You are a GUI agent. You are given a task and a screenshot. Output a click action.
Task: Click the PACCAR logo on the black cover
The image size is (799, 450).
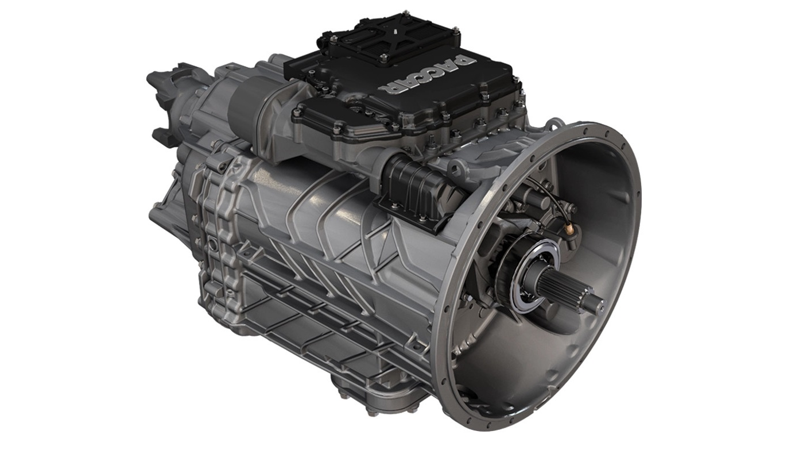[428, 74]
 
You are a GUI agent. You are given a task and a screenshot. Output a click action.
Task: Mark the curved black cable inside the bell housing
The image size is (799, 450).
[551, 195]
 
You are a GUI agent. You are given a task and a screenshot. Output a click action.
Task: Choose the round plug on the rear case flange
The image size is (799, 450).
[213, 244]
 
